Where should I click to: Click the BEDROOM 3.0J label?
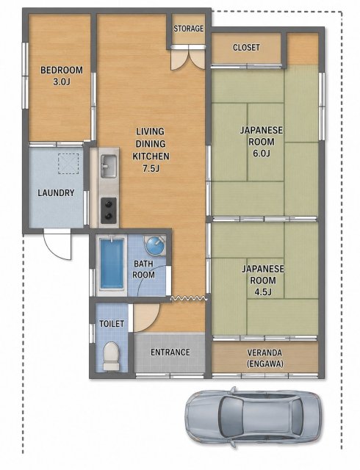pyautogui.click(x=62, y=76)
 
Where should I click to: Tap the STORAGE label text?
pyautogui.click(x=188, y=29)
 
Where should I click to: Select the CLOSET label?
pyautogui.click(x=246, y=47)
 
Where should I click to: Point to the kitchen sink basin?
pyautogui.click(x=108, y=166)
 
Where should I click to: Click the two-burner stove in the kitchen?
pyautogui.click(x=108, y=211)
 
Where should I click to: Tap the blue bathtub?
pyautogui.click(x=112, y=264)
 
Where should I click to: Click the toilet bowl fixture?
pyautogui.click(x=111, y=356)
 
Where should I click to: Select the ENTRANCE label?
pyautogui.click(x=170, y=352)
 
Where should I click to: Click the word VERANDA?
pyautogui.click(x=264, y=352)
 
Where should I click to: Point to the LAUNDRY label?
pyautogui.click(x=56, y=192)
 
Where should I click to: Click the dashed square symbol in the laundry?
pyautogui.click(x=68, y=164)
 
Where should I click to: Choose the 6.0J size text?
pyautogui.click(x=262, y=153)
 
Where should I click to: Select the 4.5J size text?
pyautogui.click(x=262, y=292)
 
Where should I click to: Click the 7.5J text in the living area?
pyautogui.click(x=151, y=168)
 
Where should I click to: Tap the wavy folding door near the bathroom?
pyautogui.click(x=189, y=299)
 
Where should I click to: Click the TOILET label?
pyautogui.click(x=112, y=324)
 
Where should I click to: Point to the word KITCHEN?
pyautogui.click(x=151, y=156)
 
